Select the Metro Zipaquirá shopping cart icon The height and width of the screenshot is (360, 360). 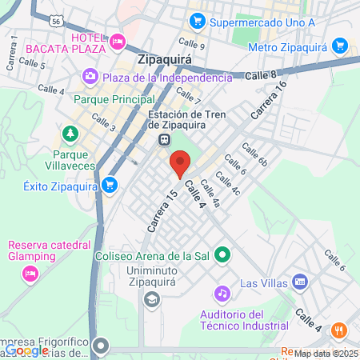[339, 46]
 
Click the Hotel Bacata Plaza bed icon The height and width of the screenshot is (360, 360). [118, 40]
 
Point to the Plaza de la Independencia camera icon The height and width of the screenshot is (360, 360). [90, 77]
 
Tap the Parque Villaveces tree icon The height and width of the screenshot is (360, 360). [70, 132]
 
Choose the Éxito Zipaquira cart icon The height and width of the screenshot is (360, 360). [110, 186]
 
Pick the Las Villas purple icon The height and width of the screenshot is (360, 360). [300, 282]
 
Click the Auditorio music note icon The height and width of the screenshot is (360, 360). [222, 294]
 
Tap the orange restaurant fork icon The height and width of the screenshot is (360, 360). [339, 330]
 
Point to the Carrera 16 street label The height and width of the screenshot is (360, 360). [268, 102]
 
